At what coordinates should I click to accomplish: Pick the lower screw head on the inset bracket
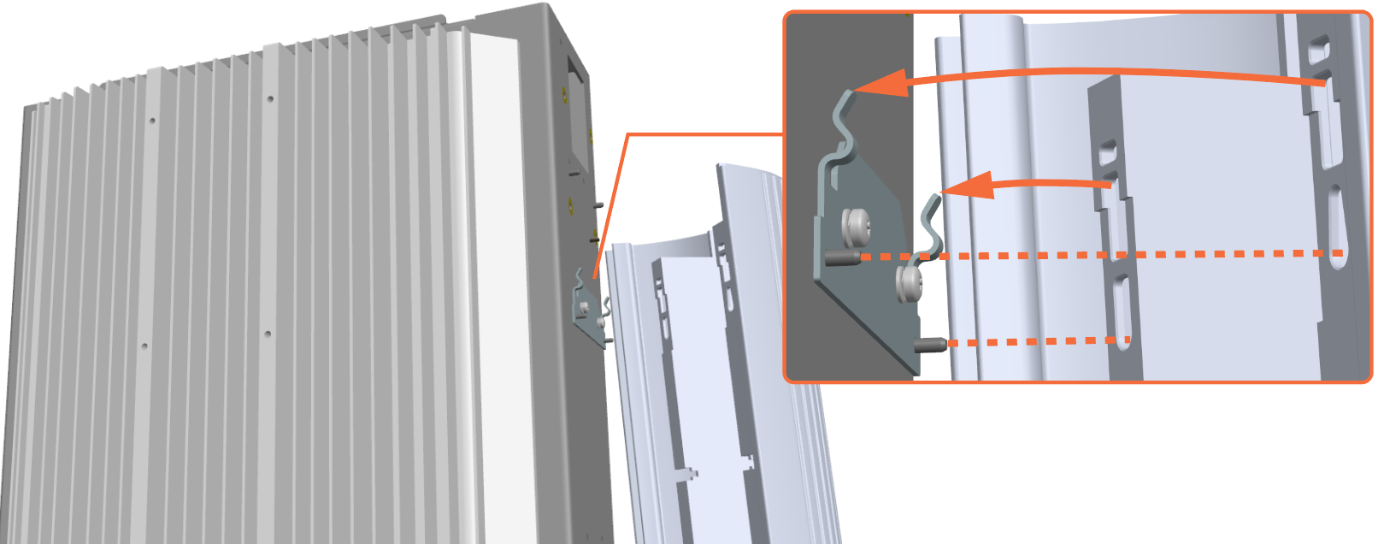[x=910, y=282]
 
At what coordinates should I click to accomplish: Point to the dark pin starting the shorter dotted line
[x=931, y=345]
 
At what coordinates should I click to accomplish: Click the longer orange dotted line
[x=1111, y=254]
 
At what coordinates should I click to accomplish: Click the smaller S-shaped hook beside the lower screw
[x=931, y=227]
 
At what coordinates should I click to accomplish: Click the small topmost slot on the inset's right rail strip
[x=1319, y=44]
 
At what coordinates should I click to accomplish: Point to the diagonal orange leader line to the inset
[x=610, y=205]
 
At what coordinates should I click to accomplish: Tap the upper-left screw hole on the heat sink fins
[x=152, y=121]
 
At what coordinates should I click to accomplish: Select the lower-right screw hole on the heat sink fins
[x=268, y=334]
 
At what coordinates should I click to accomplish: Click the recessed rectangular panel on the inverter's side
[x=577, y=120]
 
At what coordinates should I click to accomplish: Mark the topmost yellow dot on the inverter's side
[x=562, y=88]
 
